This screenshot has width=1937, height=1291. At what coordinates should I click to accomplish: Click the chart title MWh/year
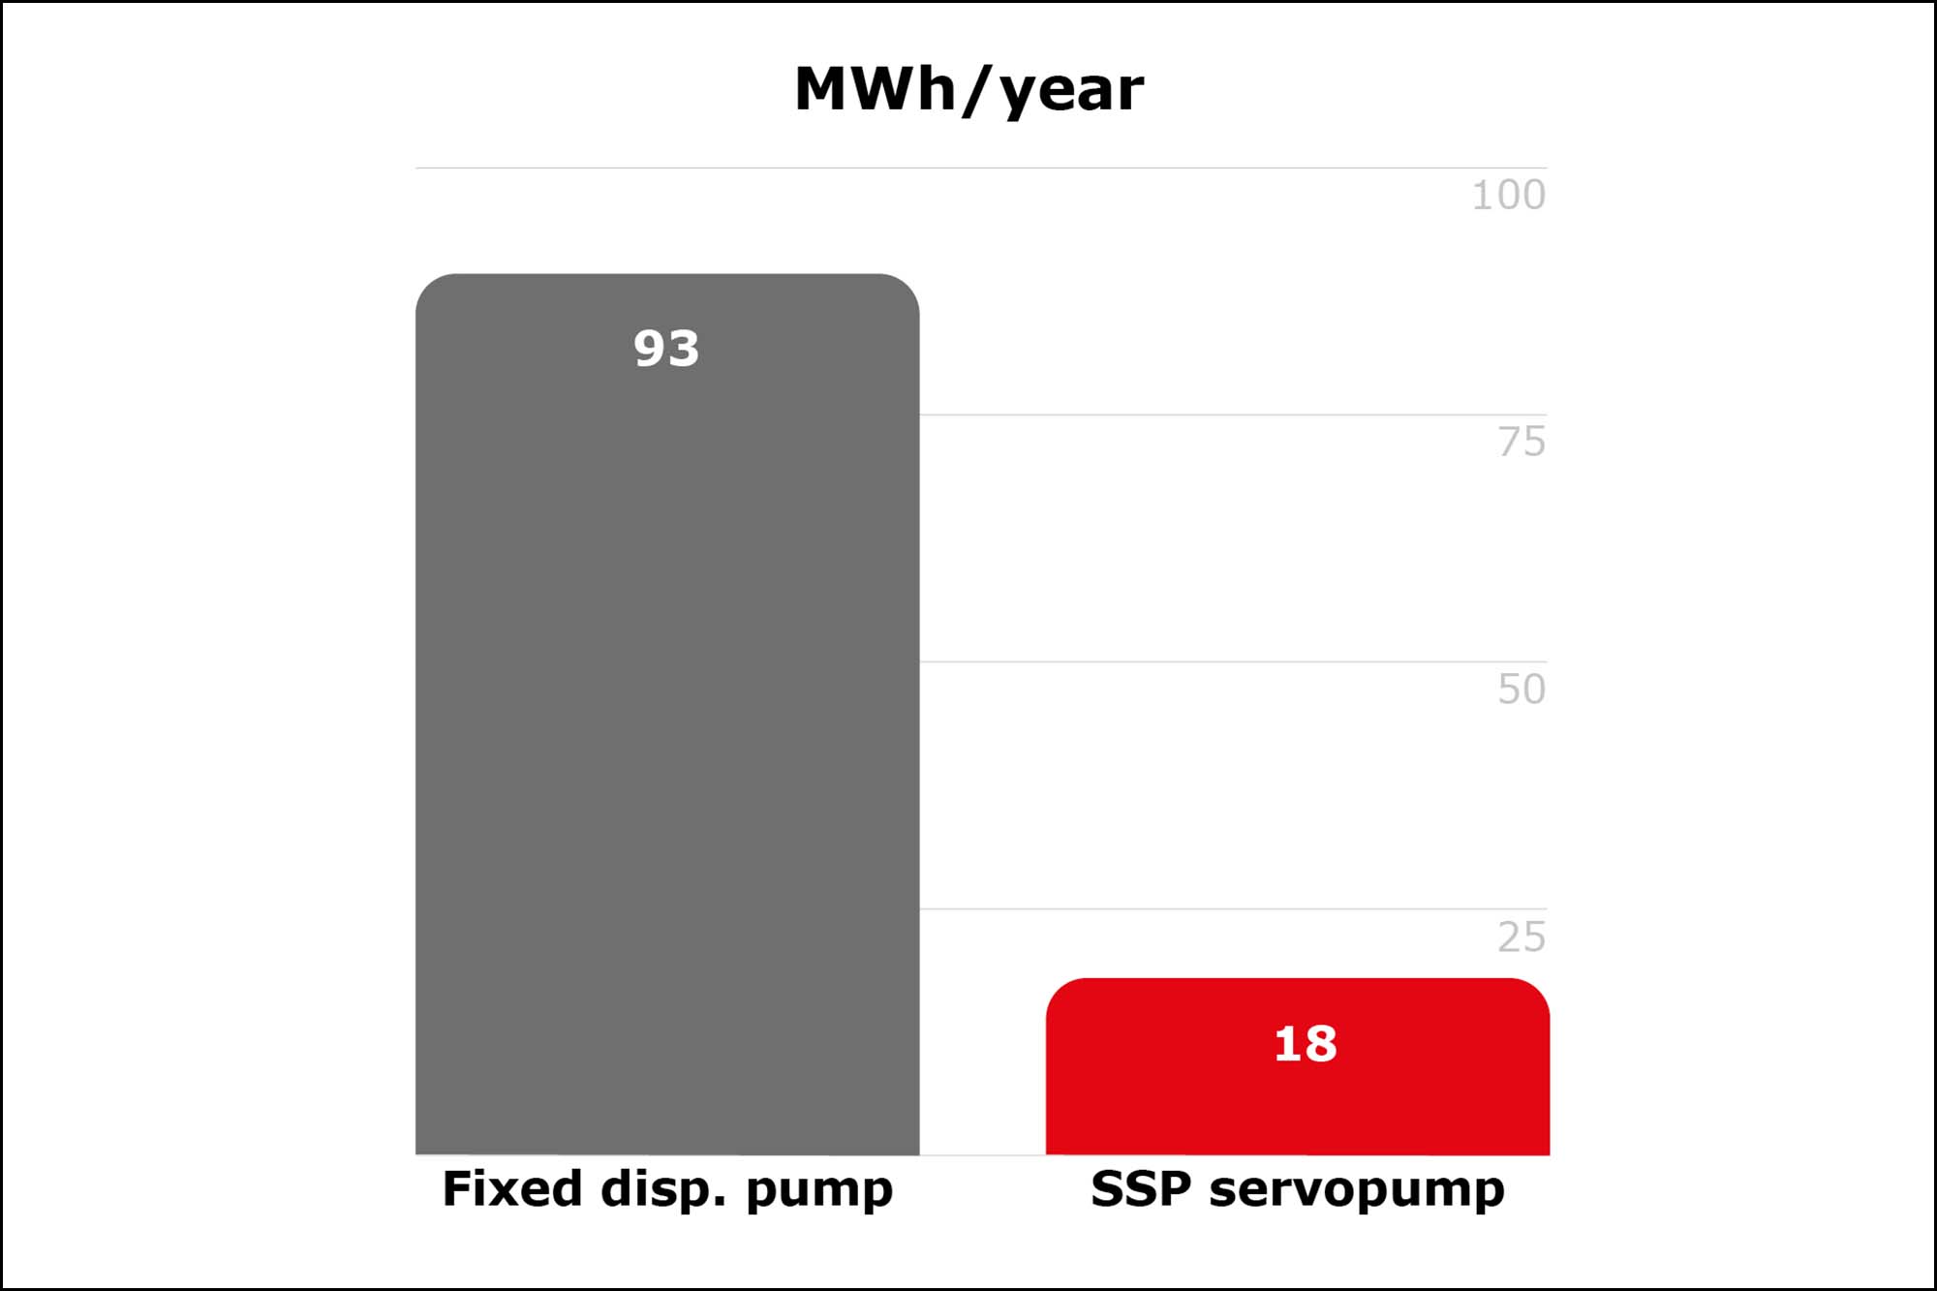[x=968, y=90]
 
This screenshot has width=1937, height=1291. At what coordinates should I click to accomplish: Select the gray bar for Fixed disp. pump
[x=667, y=714]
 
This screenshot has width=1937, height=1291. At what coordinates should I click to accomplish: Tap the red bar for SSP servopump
[x=1298, y=1066]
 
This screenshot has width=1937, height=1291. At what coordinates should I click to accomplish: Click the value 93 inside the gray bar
[x=666, y=348]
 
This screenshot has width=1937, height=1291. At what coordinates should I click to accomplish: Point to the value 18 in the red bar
[x=1306, y=1044]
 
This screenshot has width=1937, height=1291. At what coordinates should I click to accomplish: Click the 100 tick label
[x=1508, y=195]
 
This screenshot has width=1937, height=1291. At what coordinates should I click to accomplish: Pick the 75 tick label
[x=1522, y=442]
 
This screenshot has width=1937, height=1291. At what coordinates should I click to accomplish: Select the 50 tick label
[x=1522, y=689]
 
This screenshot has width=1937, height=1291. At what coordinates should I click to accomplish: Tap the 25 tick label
[x=1522, y=937]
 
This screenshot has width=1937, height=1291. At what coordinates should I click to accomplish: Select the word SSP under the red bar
[x=1141, y=1188]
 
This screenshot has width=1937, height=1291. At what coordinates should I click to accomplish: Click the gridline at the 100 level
[x=981, y=168]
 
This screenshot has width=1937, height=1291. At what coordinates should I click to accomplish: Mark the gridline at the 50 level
[x=1233, y=661]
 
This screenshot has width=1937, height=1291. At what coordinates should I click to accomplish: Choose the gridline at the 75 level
[x=1233, y=415]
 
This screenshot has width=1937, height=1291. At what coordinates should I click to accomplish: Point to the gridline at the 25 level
[x=1233, y=908]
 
